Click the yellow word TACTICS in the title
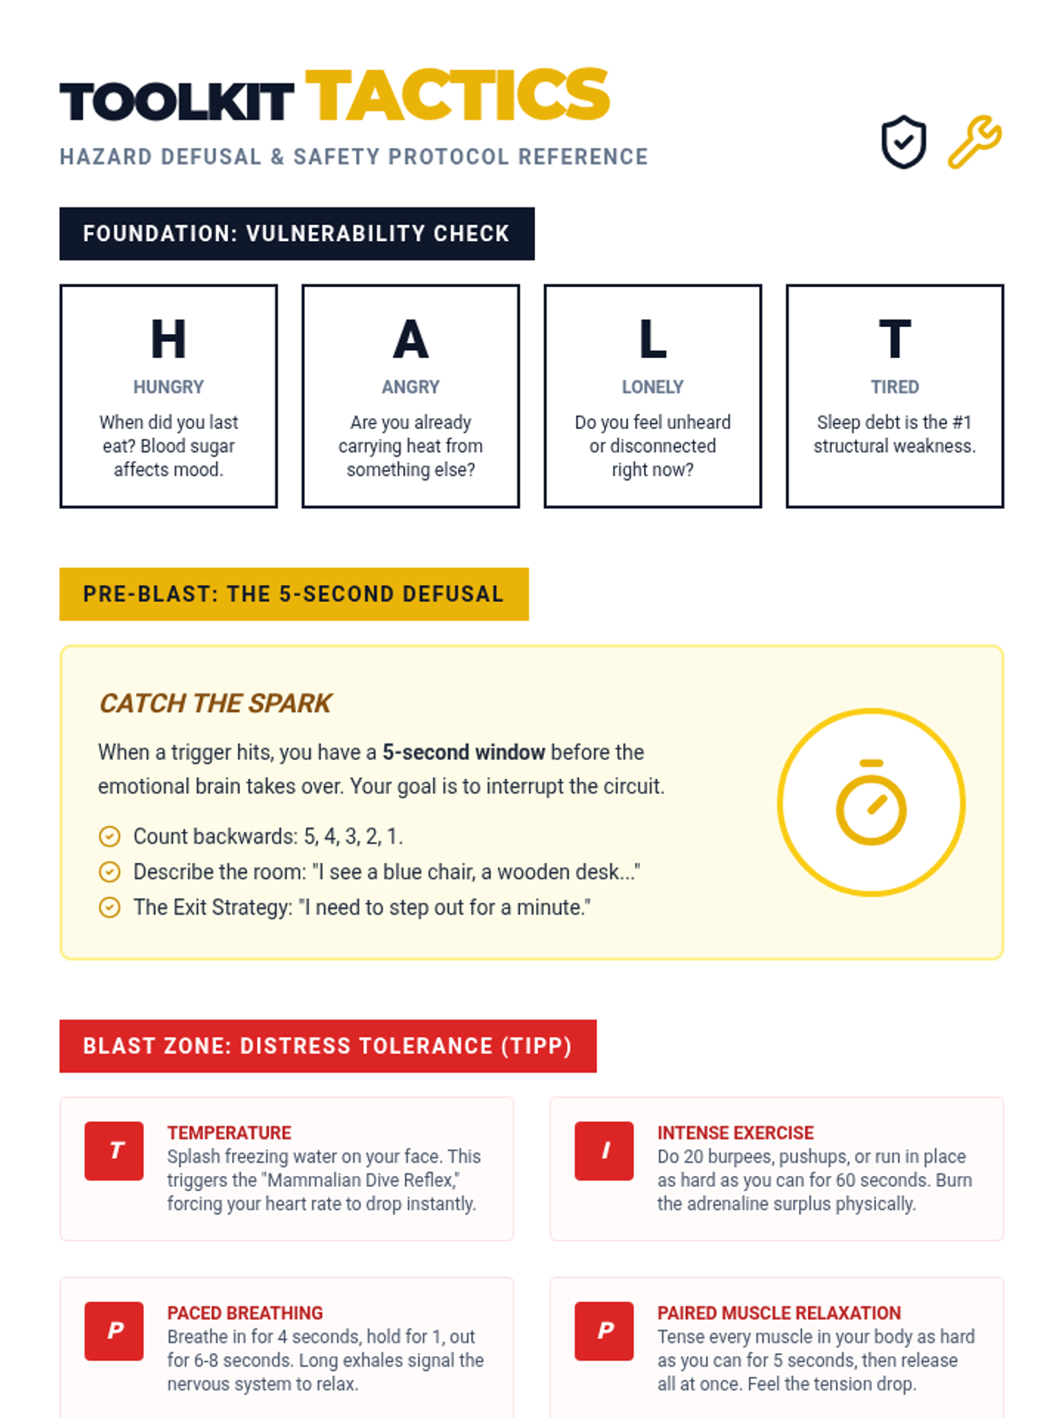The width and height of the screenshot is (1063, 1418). click(457, 95)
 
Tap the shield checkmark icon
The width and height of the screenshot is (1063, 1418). click(904, 142)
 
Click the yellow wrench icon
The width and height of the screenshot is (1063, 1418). click(974, 142)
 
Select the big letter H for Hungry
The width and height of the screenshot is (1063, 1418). click(168, 339)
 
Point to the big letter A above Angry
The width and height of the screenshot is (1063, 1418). click(410, 339)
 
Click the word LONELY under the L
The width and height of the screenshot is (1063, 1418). click(653, 386)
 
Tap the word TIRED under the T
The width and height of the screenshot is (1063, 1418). click(895, 386)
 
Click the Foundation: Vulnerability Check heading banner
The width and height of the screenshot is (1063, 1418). click(297, 234)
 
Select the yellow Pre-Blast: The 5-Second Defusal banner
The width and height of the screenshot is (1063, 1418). click(294, 595)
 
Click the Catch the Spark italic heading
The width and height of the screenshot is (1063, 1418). click(215, 704)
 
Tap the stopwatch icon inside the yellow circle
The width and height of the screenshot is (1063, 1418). click(872, 802)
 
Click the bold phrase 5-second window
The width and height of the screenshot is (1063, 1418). click(464, 752)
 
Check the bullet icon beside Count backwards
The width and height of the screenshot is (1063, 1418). click(110, 837)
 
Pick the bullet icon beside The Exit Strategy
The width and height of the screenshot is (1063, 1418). click(110, 908)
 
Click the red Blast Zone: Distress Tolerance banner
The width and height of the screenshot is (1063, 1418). click(328, 1046)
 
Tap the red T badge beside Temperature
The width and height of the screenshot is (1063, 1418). click(114, 1150)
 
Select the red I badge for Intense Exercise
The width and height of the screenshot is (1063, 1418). click(604, 1150)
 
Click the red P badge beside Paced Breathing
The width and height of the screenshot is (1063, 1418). click(114, 1331)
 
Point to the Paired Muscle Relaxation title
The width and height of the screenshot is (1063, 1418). click(779, 1313)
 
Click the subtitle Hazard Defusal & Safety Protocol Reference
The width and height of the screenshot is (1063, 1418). click(353, 157)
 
